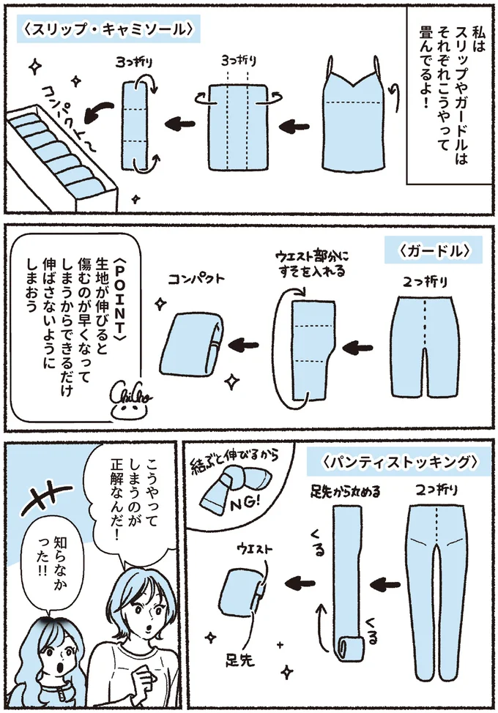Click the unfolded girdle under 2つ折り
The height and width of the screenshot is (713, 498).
coord(424,344)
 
